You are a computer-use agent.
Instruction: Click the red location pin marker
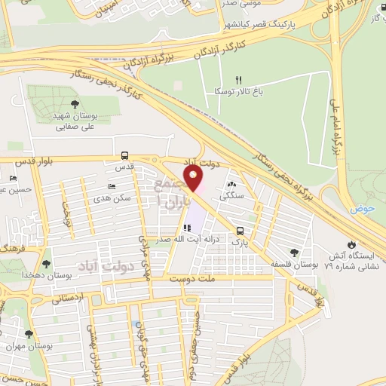coord(195,180)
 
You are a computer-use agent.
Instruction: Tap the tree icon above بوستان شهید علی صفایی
coord(73,105)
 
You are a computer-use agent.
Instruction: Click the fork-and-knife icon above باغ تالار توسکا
coord(239,79)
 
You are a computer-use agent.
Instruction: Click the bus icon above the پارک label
coord(240,231)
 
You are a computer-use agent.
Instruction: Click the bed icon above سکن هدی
coord(112,186)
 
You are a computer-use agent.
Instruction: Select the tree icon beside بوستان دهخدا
coord(47,264)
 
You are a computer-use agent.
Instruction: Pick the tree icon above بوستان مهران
coord(29,334)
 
